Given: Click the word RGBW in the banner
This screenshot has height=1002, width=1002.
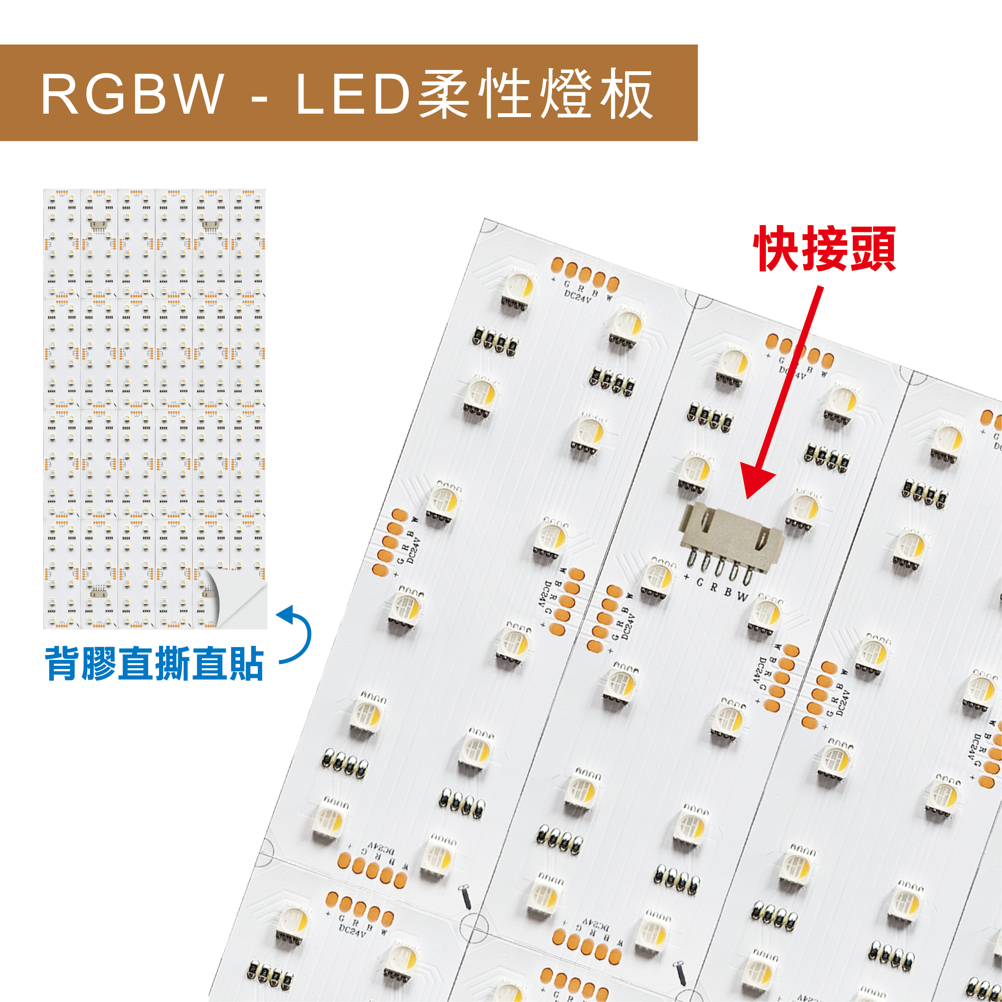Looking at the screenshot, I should click(133, 94).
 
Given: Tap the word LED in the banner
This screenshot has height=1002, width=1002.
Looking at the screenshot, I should click(353, 94).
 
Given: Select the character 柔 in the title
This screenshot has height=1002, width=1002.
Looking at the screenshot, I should click(444, 93).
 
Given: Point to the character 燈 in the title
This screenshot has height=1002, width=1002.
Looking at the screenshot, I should click(565, 93).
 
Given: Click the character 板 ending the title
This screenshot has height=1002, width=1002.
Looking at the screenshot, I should click(626, 93).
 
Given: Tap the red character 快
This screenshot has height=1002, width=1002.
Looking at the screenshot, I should click(776, 248).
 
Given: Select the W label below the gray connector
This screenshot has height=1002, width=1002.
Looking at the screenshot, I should click(742, 597).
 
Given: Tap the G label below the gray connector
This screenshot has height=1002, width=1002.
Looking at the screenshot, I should click(700, 583).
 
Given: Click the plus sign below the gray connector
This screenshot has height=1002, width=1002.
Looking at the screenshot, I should click(686, 577).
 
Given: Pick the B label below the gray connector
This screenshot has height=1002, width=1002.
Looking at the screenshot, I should click(728, 592).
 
